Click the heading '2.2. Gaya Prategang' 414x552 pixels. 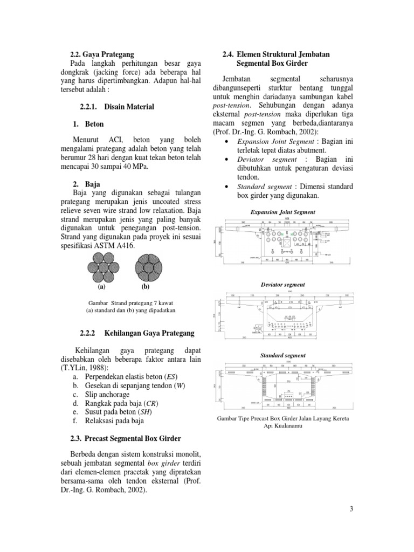[x=102, y=54]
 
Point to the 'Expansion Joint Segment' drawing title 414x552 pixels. [x=283, y=212]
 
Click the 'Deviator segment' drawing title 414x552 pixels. [x=283, y=284]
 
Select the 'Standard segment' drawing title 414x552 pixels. [x=283, y=356]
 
